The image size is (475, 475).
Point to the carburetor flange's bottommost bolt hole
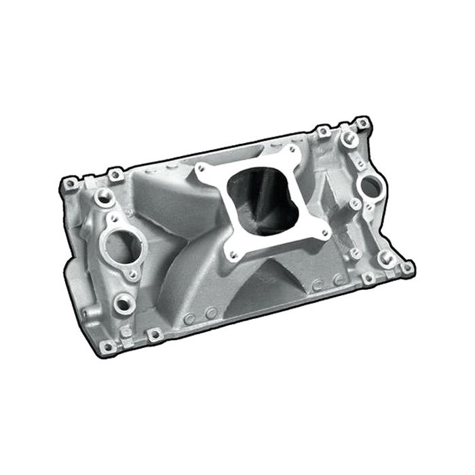(x=232, y=254)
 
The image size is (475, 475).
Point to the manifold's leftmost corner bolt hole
(x=68, y=184)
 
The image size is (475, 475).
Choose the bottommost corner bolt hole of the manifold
(x=107, y=347)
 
